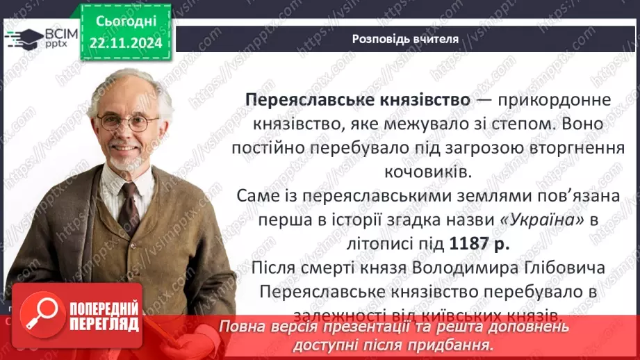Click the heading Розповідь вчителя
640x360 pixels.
click(x=405, y=39)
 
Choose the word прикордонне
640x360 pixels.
click(x=557, y=99)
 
